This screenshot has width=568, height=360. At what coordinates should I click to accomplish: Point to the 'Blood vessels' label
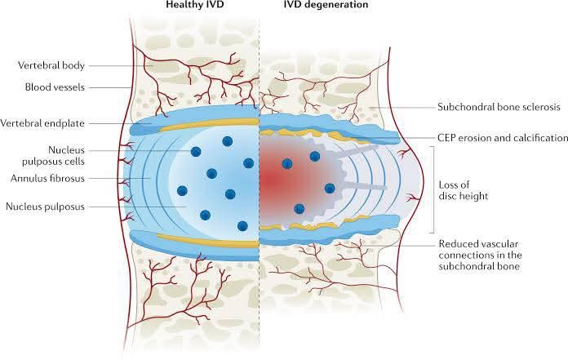click(x=55, y=86)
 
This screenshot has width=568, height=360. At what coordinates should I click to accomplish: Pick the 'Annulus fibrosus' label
click(x=50, y=178)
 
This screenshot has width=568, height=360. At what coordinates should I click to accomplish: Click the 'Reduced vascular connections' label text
click(x=484, y=254)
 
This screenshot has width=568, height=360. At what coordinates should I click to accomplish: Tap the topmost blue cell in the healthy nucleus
click(x=197, y=152)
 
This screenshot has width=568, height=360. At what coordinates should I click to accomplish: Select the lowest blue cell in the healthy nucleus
click(x=242, y=225)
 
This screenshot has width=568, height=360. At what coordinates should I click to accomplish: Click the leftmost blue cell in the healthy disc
click(x=181, y=191)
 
